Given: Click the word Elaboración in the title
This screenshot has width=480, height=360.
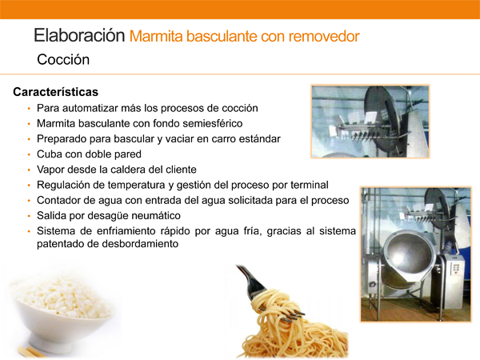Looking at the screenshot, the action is pyautogui.click(x=79, y=35).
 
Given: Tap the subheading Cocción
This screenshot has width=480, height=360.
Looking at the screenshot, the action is pyautogui.click(x=63, y=59).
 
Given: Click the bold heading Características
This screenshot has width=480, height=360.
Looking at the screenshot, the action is pyautogui.click(x=56, y=92).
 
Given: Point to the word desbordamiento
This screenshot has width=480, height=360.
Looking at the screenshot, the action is pyautogui.click(x=140, y=244).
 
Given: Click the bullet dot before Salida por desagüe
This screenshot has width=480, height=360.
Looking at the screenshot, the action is pyautogui.click(x=29, y=216).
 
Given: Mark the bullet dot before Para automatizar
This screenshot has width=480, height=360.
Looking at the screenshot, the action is pyautogui.click(x=29, y=109).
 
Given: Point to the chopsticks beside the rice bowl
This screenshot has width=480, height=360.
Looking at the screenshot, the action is pyautogui.click(x=30, y=352).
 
